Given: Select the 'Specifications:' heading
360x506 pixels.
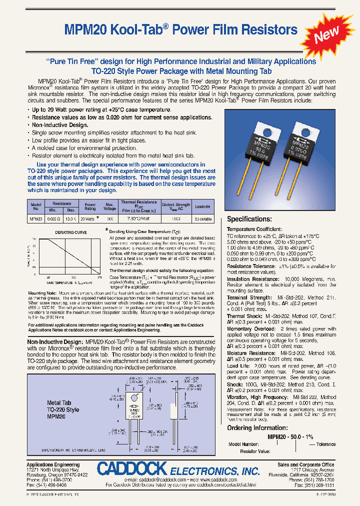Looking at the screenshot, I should (x=249, y=219).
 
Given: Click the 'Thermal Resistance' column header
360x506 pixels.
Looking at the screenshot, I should (x=138, y=202).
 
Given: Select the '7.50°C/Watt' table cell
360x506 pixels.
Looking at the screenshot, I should (x=138, y=219).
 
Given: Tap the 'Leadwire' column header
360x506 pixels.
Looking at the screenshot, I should (x=202, y=206).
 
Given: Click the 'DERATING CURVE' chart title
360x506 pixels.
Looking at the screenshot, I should (x=70, y=233).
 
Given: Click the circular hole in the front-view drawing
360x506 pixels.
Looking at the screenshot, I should (x=132, y=392).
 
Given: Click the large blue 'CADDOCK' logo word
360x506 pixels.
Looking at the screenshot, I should (x=131, y=469).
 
